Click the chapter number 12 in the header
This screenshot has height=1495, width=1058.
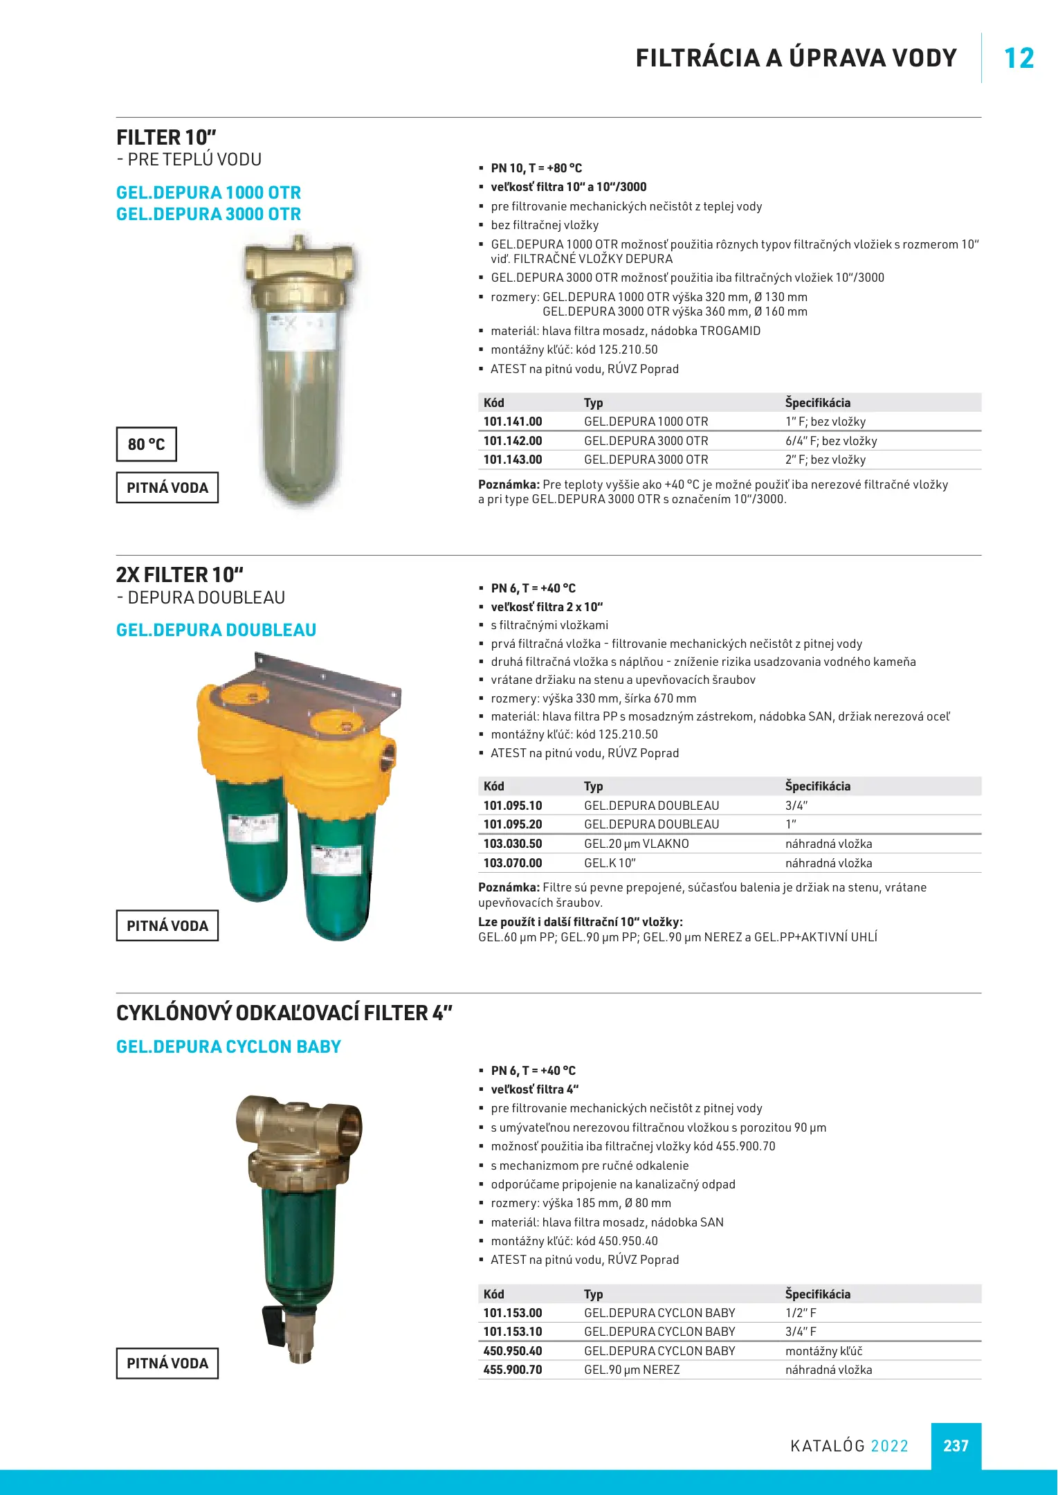tap(1019, 58)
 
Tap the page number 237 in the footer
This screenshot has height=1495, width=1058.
tap(956, 1446)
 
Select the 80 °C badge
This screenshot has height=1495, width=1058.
tap(146, 444)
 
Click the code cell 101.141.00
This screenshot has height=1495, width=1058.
tap(513, 422)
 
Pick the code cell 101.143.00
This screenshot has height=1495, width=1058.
tap(513, 460)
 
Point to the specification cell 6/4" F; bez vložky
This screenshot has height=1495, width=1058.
tap(831, 441)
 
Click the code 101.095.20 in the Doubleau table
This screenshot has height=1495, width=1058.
tap(513, 824)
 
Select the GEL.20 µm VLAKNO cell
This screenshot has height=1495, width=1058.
tap(637, 844)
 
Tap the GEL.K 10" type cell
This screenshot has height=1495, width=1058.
tap(610, 863)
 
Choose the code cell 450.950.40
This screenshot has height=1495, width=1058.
tap(513, 1351)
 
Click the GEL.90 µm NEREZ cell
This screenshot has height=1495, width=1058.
tap(632, 1370)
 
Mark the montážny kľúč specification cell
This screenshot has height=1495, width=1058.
tap(823, 1351)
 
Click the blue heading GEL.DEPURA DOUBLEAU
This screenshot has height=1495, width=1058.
tap(216, 630)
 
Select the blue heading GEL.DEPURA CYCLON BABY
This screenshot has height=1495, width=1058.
tap(228, 1046)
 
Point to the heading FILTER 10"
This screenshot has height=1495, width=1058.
tap(166, 137)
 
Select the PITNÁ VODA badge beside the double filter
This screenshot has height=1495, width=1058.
tap(167, 926)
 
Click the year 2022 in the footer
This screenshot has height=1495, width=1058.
tap(889, 1446)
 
